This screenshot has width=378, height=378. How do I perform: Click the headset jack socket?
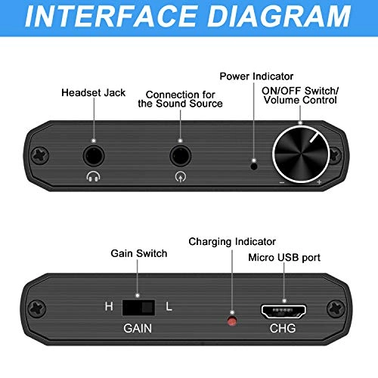(94, 156)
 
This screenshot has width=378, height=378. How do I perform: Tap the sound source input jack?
(180, 156)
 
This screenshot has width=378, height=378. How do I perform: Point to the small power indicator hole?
(253, 163)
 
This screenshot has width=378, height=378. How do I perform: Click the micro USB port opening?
(283, 310)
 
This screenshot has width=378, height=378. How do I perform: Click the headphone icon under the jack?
(93, 178)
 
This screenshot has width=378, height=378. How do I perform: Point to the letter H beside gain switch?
(109, 308)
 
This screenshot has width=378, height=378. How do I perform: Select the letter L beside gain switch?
(169, 308)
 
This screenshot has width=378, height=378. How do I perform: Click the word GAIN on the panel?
(138, 330)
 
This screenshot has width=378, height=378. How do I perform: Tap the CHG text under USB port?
(282, 330)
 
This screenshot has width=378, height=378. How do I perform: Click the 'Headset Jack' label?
(93, 92)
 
